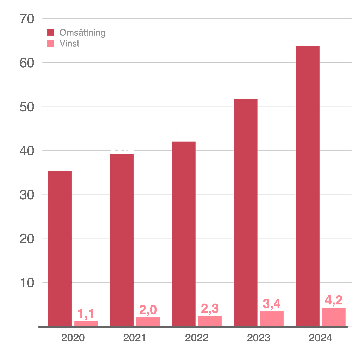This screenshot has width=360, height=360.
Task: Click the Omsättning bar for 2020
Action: (60, 248)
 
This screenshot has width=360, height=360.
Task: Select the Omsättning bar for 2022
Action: (184, 233)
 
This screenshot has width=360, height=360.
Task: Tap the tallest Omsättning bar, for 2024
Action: (307, 185)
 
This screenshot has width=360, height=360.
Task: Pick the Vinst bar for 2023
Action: (272, 318)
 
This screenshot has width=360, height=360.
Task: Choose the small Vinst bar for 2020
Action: (86, 323)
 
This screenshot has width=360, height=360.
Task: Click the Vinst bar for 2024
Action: (333, 317)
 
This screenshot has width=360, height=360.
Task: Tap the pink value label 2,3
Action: (210, 309)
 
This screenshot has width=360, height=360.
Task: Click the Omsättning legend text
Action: (82, 33)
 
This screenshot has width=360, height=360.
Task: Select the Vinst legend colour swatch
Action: (51, 43)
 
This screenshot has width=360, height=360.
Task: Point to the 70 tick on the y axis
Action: (27, 19)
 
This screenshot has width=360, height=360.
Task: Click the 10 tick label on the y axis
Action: (27, 283)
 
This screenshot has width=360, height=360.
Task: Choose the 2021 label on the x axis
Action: (134, 338)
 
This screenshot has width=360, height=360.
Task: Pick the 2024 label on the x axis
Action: (320, 338)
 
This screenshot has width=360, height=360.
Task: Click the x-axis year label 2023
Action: (259, 338)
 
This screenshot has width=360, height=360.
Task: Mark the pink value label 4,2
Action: (333, 300)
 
